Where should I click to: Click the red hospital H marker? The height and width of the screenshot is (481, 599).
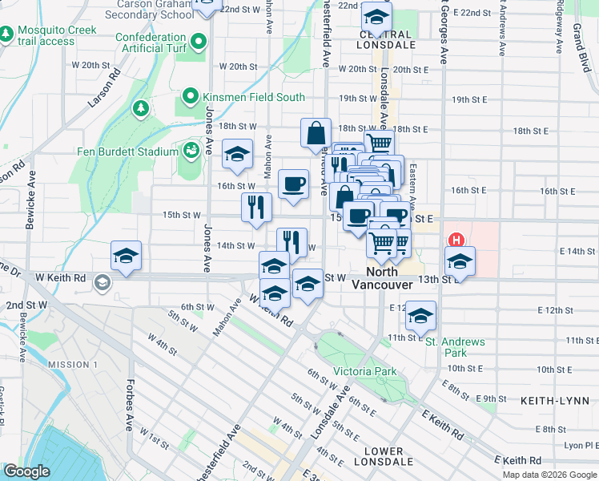[x=456, y=240]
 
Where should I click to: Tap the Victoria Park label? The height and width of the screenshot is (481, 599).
[x=364, y=371]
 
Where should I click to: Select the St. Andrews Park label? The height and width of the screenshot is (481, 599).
[x=455, y=347]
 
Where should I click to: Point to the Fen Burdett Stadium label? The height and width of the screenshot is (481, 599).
[x=116, y=152]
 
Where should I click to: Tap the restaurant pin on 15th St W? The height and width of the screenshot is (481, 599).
[x=256, y=208]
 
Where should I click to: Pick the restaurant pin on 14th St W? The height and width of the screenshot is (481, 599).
[x=291, y=242]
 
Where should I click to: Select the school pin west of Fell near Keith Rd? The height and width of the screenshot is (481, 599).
[x=127, y=257]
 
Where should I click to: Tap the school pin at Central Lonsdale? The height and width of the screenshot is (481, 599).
[x=376, y=16]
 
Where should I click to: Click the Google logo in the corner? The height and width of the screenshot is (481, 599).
[x=26, y=471]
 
